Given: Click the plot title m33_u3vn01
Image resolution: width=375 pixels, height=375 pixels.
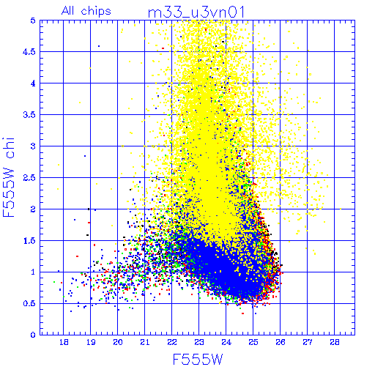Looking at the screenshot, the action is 196,12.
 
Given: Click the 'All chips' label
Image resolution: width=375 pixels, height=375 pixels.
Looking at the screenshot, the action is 86,11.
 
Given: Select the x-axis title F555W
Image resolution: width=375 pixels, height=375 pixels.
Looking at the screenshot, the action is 198,360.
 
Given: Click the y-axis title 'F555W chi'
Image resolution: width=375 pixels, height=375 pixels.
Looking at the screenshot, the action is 9,177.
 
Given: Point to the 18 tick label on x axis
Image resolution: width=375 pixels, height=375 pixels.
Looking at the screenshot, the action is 64,342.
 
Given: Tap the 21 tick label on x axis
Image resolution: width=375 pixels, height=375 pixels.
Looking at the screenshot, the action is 145,342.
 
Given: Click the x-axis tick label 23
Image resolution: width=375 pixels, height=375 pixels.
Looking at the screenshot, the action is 199,342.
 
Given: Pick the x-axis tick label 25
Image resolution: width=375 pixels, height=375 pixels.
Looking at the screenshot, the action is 253,342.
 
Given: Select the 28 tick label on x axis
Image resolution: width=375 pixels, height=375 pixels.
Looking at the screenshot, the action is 335,342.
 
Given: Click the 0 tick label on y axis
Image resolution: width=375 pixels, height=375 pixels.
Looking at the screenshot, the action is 33,335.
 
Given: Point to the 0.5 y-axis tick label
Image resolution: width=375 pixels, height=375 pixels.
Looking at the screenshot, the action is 29,303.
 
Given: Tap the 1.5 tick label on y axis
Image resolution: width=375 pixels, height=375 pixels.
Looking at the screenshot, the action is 29,241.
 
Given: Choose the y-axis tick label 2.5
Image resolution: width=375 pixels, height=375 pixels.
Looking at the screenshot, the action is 29,178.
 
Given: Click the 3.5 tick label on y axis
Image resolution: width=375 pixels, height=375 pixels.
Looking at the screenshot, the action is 29,115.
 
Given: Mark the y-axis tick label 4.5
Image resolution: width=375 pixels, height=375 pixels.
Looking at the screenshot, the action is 29,52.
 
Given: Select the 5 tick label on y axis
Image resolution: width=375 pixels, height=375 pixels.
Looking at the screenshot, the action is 33,21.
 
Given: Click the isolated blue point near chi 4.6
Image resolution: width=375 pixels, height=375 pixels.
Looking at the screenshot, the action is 99,46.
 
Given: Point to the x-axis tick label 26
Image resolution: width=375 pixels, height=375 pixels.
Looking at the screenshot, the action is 281,342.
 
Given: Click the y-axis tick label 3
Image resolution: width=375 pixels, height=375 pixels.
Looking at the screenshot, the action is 33,146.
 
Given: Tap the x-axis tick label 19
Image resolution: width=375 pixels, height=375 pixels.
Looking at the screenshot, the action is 91,342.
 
